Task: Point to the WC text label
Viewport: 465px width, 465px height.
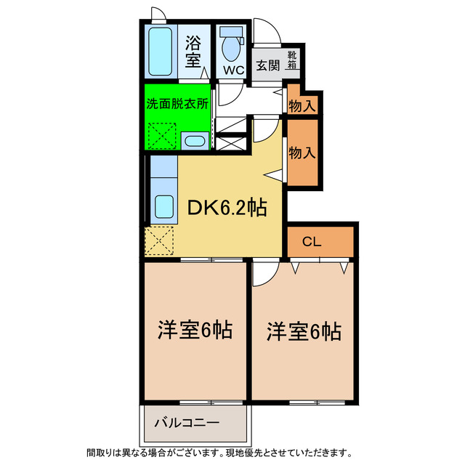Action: (x=232, y=70)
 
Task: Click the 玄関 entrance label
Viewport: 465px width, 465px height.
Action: (x=267, y=63)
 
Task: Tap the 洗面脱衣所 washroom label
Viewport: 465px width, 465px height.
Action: (x=177, y=103)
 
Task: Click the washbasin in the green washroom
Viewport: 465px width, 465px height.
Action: (x=193, y=141)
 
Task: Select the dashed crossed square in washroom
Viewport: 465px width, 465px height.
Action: (x=161, y=135)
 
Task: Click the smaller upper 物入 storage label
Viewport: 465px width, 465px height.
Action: (x=302, y=105)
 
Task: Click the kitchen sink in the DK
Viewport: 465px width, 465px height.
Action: (x=164, y=208)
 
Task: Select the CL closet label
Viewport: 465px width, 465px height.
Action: (x=312, y=240)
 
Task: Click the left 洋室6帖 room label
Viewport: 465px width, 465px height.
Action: (x=195, y=331)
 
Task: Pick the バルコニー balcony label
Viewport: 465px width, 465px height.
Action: (x=187, y=422)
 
